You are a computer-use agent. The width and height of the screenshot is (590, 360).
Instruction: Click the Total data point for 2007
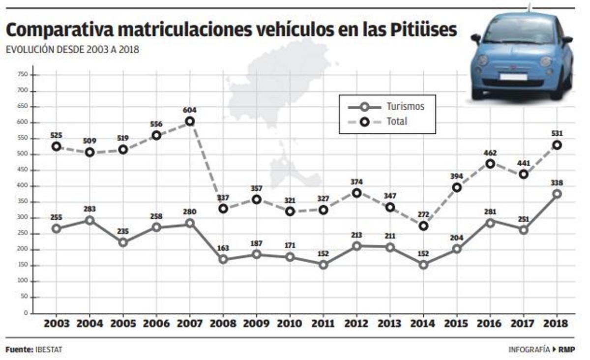point(190,121)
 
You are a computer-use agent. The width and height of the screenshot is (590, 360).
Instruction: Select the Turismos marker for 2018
point(557,194)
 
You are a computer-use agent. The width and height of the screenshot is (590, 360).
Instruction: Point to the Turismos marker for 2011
point(323,265)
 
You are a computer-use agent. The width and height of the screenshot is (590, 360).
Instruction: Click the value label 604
point(189,110)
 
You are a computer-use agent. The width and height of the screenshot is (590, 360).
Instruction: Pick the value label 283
point(89,209)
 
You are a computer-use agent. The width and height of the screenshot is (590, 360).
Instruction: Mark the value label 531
point(557,133)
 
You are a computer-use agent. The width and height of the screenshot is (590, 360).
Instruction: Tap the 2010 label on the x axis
point(290,324)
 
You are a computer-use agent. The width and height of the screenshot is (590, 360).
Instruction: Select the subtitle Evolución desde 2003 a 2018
point(72,50)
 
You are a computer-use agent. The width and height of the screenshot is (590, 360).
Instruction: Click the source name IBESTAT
point(49,349)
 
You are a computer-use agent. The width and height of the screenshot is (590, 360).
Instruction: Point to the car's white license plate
point(513,77)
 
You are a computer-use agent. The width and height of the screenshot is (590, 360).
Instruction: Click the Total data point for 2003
point(56,147)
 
